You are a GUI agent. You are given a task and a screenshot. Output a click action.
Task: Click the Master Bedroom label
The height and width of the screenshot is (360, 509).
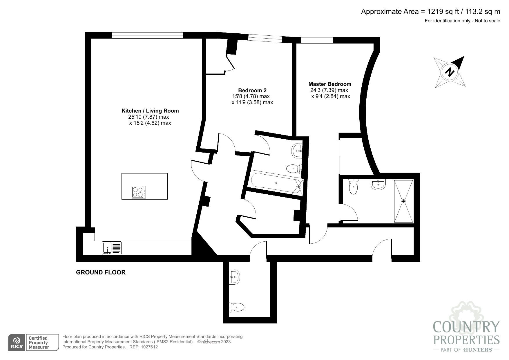click(330, 84)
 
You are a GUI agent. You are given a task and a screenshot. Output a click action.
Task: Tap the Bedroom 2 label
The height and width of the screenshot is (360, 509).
click(252, 91)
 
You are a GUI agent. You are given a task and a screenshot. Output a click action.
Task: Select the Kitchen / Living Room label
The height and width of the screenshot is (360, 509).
click(150, 111)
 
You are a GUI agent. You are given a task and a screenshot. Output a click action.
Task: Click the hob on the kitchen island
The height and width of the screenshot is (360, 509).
click(139, 192)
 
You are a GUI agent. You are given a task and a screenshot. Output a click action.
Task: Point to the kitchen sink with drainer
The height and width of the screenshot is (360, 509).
click(112, 248)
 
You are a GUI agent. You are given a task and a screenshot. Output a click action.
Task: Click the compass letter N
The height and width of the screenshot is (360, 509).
click(450, 72)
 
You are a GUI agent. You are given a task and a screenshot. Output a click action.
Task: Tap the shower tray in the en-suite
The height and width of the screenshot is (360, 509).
click(403, 201)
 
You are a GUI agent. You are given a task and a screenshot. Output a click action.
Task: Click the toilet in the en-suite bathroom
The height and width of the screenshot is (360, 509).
click(353, 187)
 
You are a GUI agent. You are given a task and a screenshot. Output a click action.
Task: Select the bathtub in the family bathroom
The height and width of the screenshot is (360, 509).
click(276, 183)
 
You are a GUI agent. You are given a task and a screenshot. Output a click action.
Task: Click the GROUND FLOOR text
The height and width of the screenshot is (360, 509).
click(101, 272)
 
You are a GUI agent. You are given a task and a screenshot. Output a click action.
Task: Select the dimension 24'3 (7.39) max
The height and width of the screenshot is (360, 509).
click(329, 90)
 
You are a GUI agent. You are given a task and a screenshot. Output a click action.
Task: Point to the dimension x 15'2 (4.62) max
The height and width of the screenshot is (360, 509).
click(150, 123)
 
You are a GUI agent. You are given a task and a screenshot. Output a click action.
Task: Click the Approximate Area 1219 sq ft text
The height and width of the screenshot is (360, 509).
click(430, 12)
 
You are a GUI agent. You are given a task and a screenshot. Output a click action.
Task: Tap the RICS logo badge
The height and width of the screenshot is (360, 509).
click(17, 343)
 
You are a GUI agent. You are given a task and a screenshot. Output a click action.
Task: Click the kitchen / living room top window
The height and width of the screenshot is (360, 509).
click(147, 35)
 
